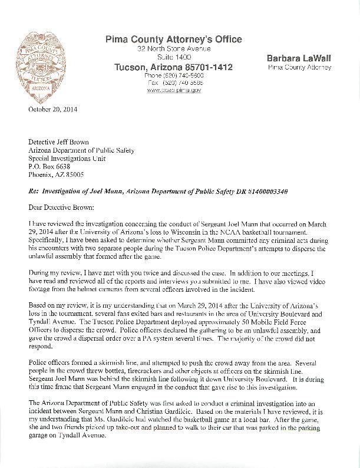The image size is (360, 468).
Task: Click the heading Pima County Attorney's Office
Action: tap(173, 39)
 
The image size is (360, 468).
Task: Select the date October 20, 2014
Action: tap(52, 110)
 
